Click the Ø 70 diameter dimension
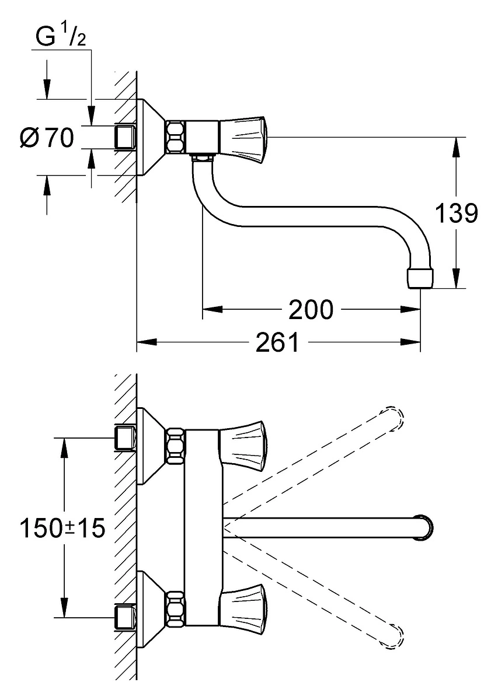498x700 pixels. coord(47,138)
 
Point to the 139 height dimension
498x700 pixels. coord(457,213)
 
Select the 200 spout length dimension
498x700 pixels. coord(311,310)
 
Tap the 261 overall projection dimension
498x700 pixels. coord(277,342)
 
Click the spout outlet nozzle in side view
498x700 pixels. coord(420,278)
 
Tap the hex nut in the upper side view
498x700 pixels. coord(176,138)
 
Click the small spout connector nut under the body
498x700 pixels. coord(202,158)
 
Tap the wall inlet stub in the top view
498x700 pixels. coord(126,138)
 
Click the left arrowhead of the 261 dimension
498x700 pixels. coord(147,342)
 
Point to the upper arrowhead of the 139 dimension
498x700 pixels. coord(457,147)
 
